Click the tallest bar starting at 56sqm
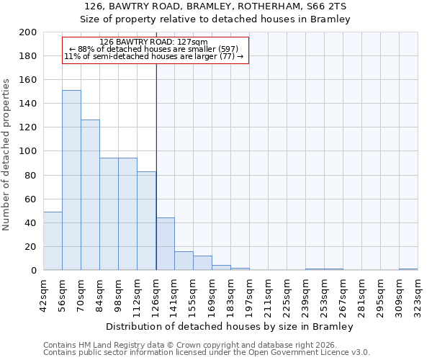pos(71,180)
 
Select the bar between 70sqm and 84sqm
pos(90,195)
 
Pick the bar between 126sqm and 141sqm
pos(165,244)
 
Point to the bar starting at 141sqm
pos(184,261)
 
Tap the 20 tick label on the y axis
pos(30,247)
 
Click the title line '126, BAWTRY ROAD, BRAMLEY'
pos(216,6)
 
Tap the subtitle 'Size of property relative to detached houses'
pos(216,19)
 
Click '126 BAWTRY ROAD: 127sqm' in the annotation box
pos(153,42)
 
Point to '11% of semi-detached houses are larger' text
pos(154,56)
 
